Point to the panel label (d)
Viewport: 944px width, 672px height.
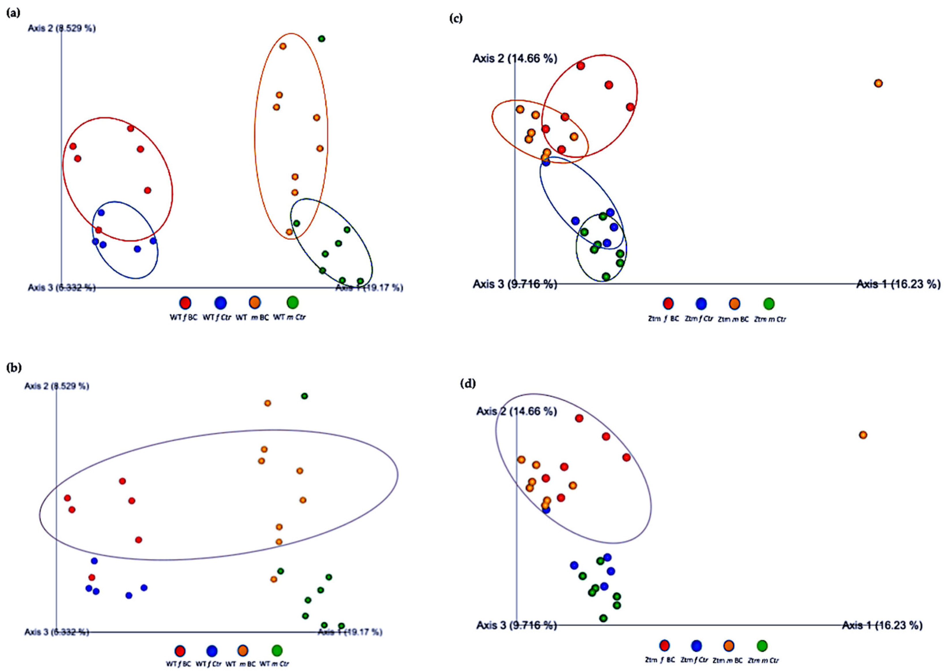click(x=468, y=384)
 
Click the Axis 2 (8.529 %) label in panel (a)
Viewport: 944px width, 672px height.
click(x=62, y=28)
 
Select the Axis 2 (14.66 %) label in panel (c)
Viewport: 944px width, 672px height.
click(x=515, y=58)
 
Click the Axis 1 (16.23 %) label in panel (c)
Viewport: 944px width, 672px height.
click(x=898, y=284)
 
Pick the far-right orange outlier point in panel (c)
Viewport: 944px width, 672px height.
click(x=878, y=83)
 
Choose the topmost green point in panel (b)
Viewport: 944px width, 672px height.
click(x=304, y=396)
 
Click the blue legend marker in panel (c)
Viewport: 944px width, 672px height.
click(x=701, y=304)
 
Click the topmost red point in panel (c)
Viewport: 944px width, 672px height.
click(x=581, y=65)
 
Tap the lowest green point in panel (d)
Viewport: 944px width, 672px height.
click(x=603, y=618)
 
